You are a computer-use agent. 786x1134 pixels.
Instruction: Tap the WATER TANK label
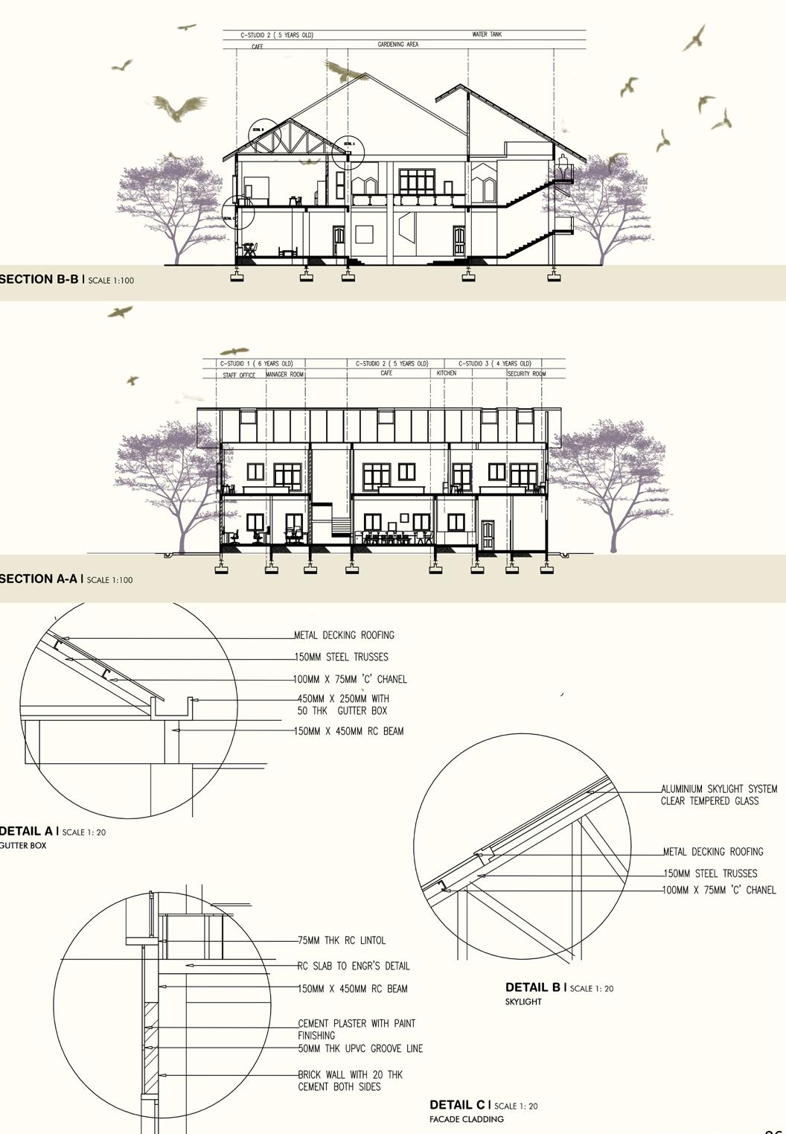pos(487,34)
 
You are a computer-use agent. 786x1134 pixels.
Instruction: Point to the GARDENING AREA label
pos(397,45)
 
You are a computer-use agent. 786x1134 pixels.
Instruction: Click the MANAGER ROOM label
pos(285,375)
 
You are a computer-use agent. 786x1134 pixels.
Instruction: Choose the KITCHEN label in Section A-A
pos(447,373)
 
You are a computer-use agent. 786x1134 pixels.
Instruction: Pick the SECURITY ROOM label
pos(526,374)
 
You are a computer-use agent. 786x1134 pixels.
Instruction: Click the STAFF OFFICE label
pos(239,375)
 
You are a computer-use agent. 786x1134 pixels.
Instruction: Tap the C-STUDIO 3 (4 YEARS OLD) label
pos(495,363)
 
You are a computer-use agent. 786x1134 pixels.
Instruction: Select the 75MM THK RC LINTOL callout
pos(342,940)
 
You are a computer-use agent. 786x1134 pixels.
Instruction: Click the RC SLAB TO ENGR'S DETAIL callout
pos(354,966)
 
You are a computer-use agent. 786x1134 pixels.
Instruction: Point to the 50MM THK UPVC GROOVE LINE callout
pos(360,1048)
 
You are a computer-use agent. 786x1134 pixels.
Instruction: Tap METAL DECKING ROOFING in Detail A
pos(344,635)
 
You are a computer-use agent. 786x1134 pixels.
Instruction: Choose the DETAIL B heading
pos(532,987)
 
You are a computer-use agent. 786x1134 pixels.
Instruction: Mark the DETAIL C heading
pos(457,1105)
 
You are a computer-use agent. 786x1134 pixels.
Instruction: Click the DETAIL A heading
pos(27,831)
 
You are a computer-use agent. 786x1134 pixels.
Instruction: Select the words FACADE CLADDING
pos(466,1119)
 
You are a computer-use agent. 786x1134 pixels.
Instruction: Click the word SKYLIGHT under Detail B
pos(523,1001)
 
